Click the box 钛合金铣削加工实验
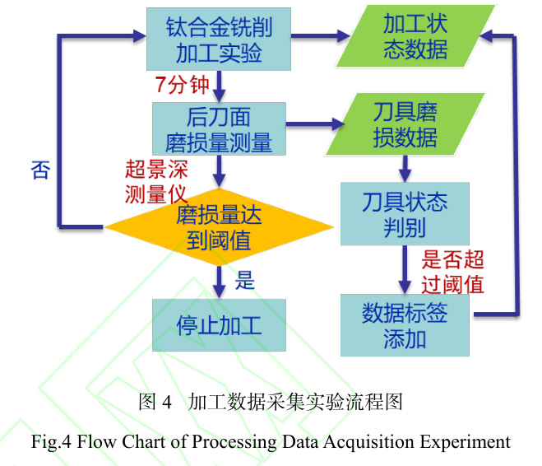218,39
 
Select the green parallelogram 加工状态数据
415,36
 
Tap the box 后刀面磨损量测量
218,128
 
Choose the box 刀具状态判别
405,213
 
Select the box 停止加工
219,324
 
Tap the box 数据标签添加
405,324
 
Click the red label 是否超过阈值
452,273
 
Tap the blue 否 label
40,170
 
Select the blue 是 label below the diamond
245,280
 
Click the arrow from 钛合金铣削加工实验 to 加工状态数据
320,37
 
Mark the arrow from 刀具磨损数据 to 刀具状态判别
405,169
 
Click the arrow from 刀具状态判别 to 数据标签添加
405,268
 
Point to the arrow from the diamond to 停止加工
219,279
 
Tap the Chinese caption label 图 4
155,403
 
